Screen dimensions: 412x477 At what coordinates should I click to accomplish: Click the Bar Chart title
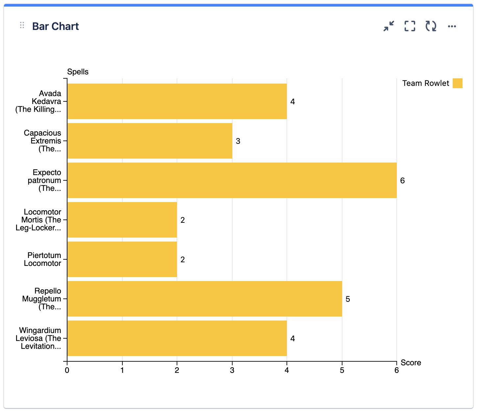point(55,26)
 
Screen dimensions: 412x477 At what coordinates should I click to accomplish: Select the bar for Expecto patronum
point(232,180)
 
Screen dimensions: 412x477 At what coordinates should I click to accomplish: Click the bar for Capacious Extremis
point(150,141)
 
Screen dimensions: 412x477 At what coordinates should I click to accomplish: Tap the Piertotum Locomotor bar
point(122,259)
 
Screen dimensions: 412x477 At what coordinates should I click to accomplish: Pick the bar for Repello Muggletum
point(205,299)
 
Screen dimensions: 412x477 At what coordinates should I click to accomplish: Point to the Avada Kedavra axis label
point(38,101)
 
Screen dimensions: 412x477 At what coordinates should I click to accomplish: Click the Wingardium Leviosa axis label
point(38,338)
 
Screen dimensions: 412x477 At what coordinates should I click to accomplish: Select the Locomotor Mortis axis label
point(38,220)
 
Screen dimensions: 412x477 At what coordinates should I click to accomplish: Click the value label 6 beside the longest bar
point(402,181)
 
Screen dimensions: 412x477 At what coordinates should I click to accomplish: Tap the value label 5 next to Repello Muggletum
point(348,299)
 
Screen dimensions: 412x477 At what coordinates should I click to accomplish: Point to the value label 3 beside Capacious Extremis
point(238,141)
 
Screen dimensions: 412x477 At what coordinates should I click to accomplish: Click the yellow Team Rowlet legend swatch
point(457,83)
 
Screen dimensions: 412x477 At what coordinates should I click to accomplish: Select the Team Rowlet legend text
point(425,83)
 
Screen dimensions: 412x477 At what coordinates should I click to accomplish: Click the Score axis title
point(411,363)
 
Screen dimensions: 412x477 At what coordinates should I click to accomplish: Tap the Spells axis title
point(78,72)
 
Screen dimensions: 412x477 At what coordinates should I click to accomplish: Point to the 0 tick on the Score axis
point(67,371)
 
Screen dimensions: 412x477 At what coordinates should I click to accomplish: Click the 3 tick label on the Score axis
point(232,371)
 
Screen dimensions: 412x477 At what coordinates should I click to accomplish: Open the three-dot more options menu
point(452,26)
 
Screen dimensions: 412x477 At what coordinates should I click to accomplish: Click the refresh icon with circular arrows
point(431,26)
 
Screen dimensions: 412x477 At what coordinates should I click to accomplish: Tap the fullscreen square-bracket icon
point(410,26)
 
